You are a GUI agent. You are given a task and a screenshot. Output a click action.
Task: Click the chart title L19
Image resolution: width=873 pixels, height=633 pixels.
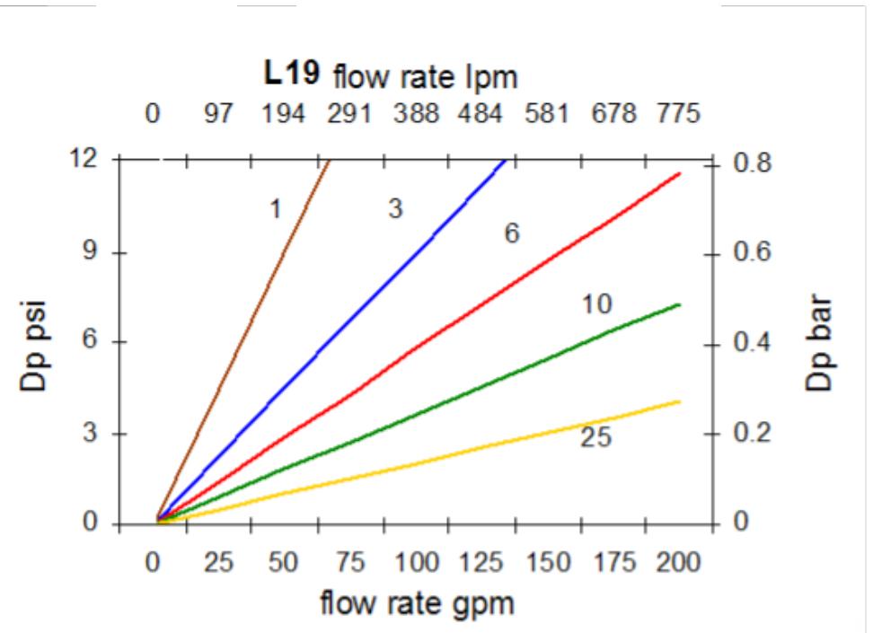click(290, 74)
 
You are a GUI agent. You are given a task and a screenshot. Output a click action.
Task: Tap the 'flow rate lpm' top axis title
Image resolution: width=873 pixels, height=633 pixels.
click(426, 78)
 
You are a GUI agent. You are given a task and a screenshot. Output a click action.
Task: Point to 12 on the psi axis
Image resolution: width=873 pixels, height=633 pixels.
click(86, 160)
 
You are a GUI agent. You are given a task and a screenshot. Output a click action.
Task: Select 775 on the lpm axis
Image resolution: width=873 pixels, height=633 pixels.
click(677, 116)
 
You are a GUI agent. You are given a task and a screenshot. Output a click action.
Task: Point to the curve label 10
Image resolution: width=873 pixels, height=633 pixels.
click(595, 304)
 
